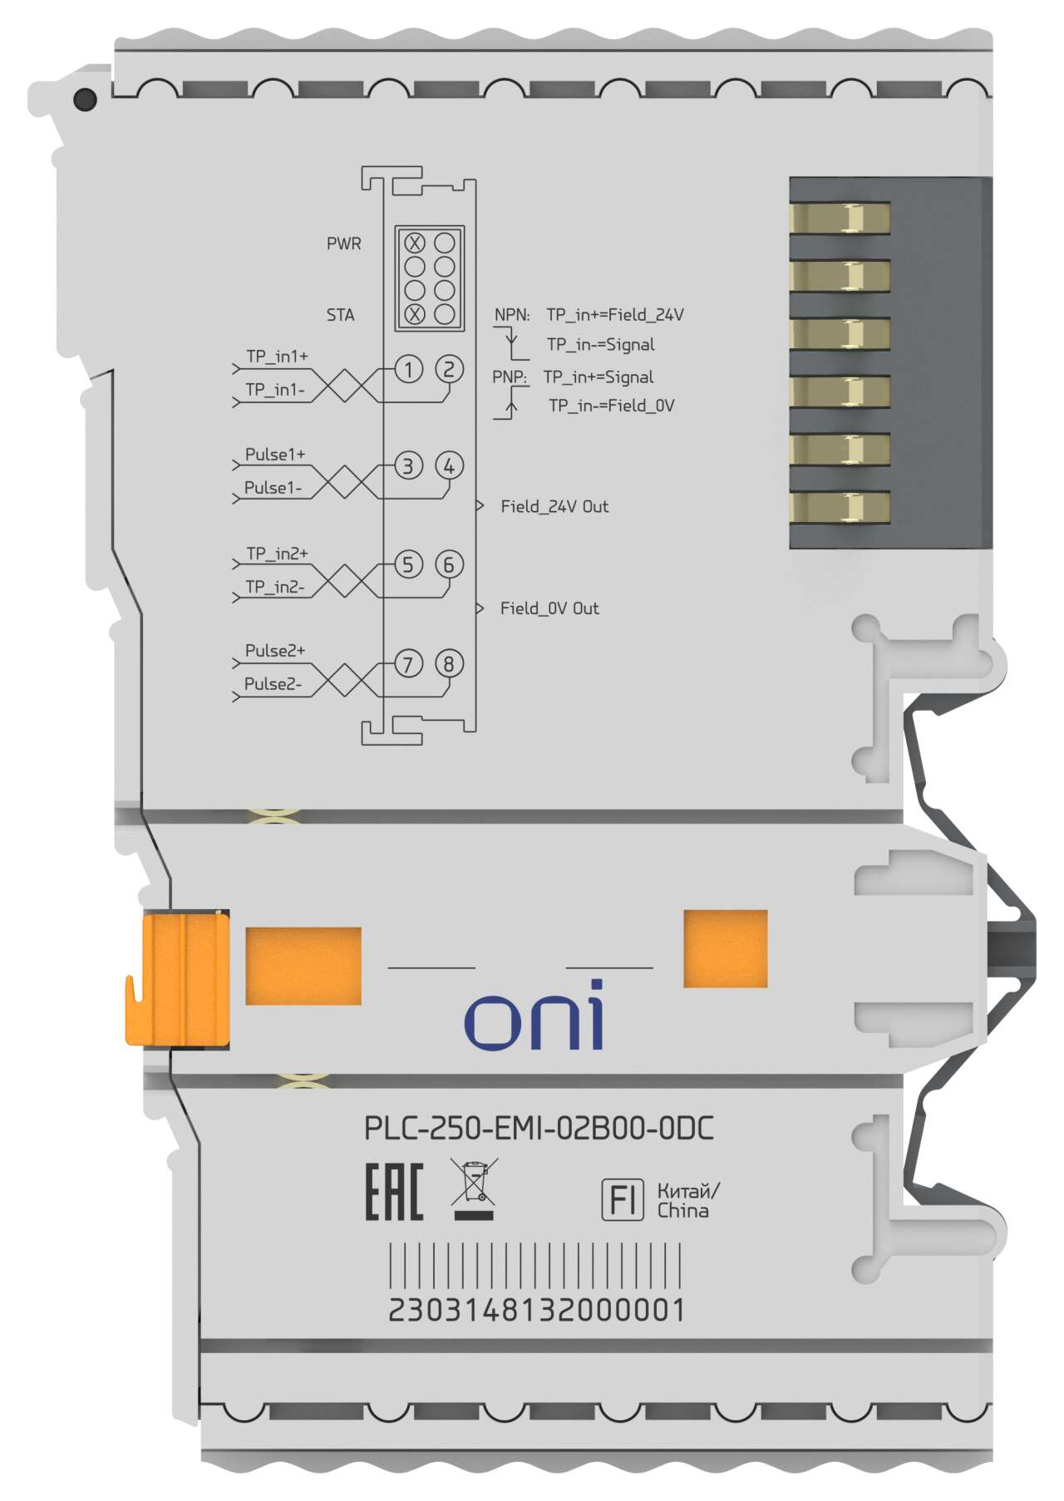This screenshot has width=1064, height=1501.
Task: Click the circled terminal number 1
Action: coord(408,369)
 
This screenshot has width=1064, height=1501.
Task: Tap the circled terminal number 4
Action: coord(449,466)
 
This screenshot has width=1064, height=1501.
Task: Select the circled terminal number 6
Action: coord(449,565)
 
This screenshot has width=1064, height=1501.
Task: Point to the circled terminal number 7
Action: coord(408,664)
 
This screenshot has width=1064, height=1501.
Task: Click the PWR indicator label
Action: coord(344,244)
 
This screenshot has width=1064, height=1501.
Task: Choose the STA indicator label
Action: coord(341,315)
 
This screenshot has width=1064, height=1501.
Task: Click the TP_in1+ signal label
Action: coord(277,357)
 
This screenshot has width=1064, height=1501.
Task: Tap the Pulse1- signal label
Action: coord(273,488)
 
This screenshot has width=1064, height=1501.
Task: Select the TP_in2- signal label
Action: coord(275,587)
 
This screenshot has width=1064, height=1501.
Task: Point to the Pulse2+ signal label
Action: coord(275,651)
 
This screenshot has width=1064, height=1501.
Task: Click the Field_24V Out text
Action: coord(554,506)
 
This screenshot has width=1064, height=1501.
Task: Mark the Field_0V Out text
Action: coord(549,608)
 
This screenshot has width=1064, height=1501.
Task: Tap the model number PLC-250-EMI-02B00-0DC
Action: coord(539,1129)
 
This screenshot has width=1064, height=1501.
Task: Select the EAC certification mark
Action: coord(394,1192)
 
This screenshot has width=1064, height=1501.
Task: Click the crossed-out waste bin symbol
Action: coord(474,1188)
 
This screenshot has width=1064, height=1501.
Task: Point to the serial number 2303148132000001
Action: coord(537,1310)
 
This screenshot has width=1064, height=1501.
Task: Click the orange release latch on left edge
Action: coord(177,978)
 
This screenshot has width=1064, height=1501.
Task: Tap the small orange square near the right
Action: coord(725,948)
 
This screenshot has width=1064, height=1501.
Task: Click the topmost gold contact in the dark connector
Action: coord(840,219)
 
